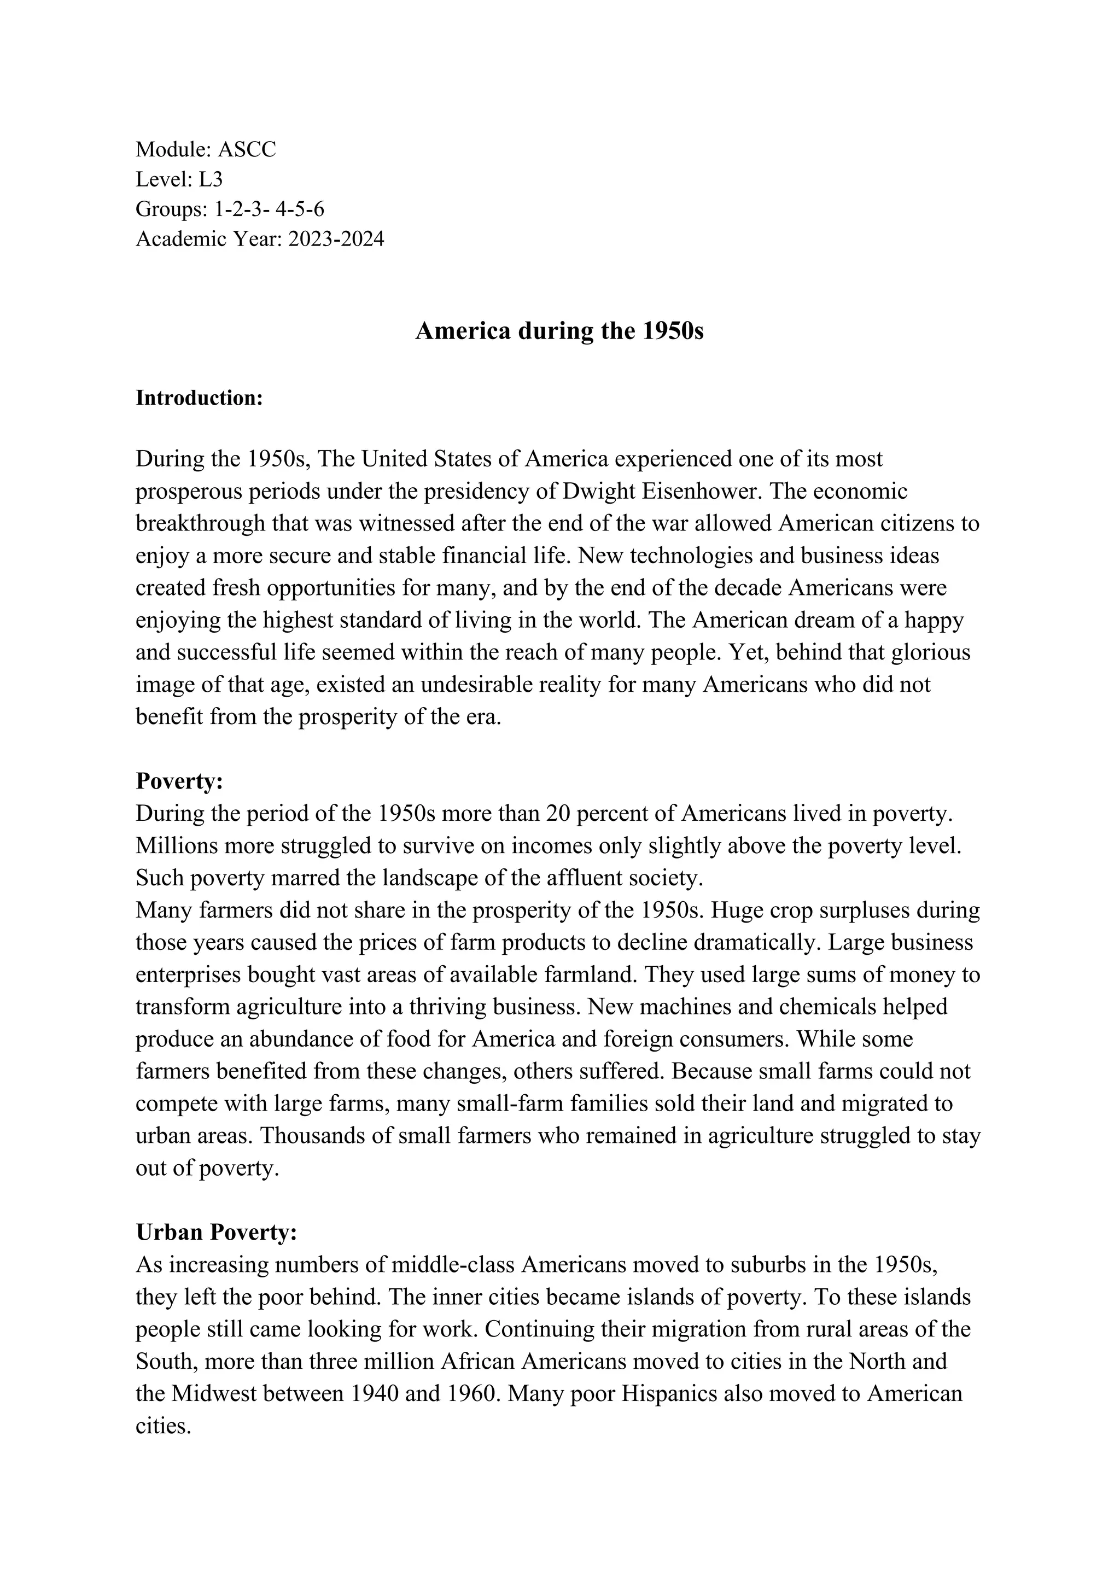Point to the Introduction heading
coord(199,398)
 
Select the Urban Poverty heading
coord(216,1233)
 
